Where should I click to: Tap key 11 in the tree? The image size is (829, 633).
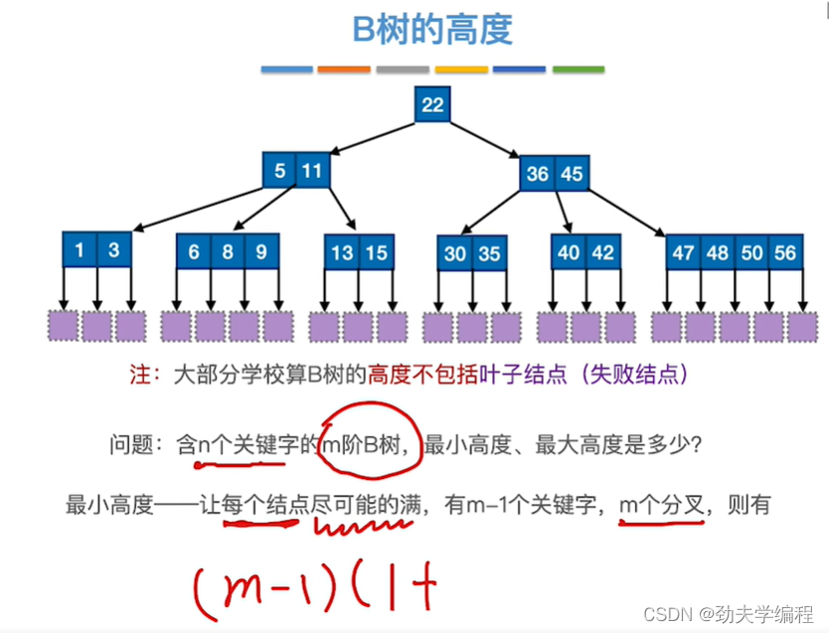point(312,170)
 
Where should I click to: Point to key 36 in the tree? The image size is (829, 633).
point(537,174)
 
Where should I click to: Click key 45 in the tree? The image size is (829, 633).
point(571,174)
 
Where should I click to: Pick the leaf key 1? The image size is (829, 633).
point(80,250)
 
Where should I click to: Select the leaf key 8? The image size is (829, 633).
point(228,251)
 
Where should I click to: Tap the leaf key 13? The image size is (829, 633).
point(342,252)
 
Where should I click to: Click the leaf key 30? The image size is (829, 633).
point(455,253)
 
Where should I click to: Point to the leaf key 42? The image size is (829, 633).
point(602,252)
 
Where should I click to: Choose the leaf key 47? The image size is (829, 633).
point(683,252)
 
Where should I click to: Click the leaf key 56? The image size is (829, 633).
point(785,252)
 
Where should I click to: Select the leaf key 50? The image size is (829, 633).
point(751,252)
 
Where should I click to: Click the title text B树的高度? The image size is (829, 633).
point(432,30)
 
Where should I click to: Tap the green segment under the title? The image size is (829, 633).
point(578,70)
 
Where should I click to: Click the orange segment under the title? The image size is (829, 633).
point(343,70)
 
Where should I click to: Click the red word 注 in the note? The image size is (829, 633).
point(139,376)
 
